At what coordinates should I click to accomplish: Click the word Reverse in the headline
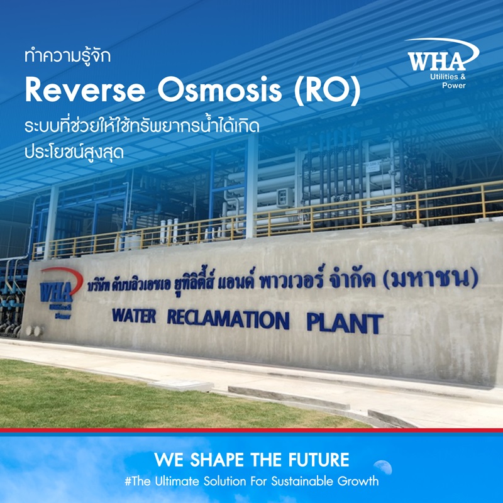tap(86, 91)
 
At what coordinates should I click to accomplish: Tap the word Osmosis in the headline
tap(219, 91)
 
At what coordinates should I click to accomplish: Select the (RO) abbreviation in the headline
tap(328, 91)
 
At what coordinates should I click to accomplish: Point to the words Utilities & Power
tap(448, 81)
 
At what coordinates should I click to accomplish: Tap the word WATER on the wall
tap(134, 316)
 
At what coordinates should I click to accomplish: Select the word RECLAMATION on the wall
tap(228, 319)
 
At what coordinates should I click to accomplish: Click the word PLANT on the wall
tap(345, 323)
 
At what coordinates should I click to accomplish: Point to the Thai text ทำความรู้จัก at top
tap(68, 56)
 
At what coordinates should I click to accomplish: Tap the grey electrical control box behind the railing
tap(285, 197)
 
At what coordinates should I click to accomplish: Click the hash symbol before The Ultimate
tap(128, 482)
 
